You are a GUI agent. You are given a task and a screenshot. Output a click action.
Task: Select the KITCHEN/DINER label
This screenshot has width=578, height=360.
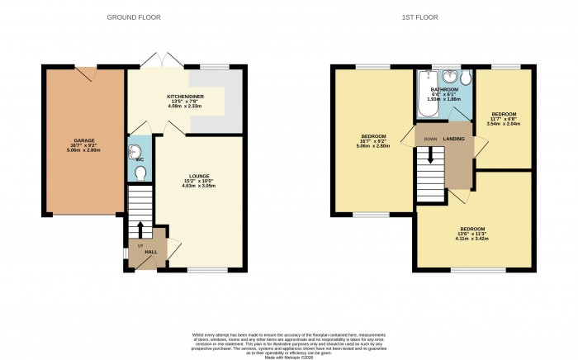click(185, 97)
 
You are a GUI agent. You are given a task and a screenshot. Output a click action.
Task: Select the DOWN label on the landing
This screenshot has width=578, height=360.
click(430, 139)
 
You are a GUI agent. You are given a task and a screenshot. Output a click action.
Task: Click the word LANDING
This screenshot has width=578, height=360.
click(453, 139)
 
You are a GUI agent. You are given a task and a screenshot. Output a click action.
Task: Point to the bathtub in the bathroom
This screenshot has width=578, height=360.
click(424, 94)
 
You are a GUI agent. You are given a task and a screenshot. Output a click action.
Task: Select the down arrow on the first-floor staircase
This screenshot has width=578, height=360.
click(429, 154)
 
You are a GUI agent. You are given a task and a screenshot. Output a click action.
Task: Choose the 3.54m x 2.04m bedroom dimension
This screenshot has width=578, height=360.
click(504, 125)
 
